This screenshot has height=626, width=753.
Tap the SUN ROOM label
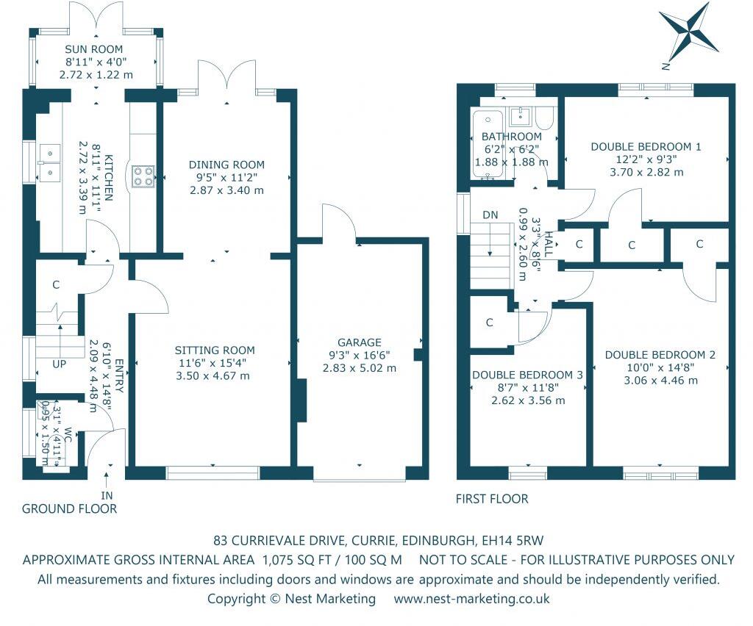(96, 50)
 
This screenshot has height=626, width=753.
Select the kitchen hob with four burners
(143, 176)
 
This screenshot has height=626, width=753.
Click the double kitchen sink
(50, 162)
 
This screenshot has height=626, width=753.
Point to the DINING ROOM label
(226, 165)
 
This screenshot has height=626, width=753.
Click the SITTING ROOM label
(215, 350)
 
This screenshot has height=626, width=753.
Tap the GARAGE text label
(359, 342)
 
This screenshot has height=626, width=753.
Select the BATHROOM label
(512, 137)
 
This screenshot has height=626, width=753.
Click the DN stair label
(490, 215)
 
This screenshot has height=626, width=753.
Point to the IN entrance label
(109, 495)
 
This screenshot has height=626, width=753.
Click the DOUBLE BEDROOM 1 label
(646, 146)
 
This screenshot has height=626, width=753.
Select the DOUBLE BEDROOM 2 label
(660, 355)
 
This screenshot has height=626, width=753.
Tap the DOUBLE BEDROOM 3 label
(527, 375)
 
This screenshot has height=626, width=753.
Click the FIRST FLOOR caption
(492, 499)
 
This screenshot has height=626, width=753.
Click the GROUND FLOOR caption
(69, 508)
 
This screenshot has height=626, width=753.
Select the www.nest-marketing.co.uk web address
(471, 599)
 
